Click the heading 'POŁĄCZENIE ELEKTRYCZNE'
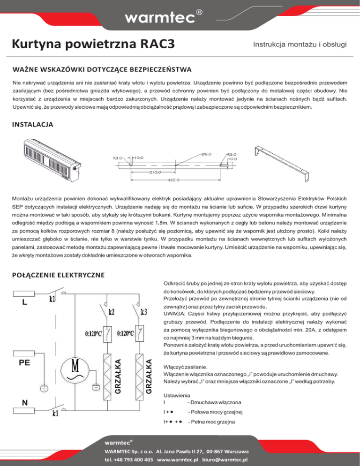[58, 274]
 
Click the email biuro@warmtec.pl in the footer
[225, 459]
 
